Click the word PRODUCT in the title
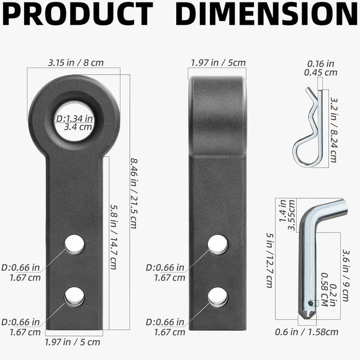pyautogui.click(x=78, y=14)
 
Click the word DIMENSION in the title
pyautogui.click(x=266, y=14)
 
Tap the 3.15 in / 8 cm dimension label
pyautogui.click(x=76, y=63)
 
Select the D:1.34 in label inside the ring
pyautogui.click(x=74, y=119)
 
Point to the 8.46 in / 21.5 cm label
pyautogui.click(x=134, y=193)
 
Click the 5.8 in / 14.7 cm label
pyautogui.click(x=114, y=236)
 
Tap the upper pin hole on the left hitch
pyautogui.click(x=74, y=245)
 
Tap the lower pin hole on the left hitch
pyautogui.click(x=74, y=297)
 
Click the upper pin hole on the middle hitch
pyautogui.click(x=218, y=245)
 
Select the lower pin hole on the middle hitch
pyautogui.click(x=218, y=297)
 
